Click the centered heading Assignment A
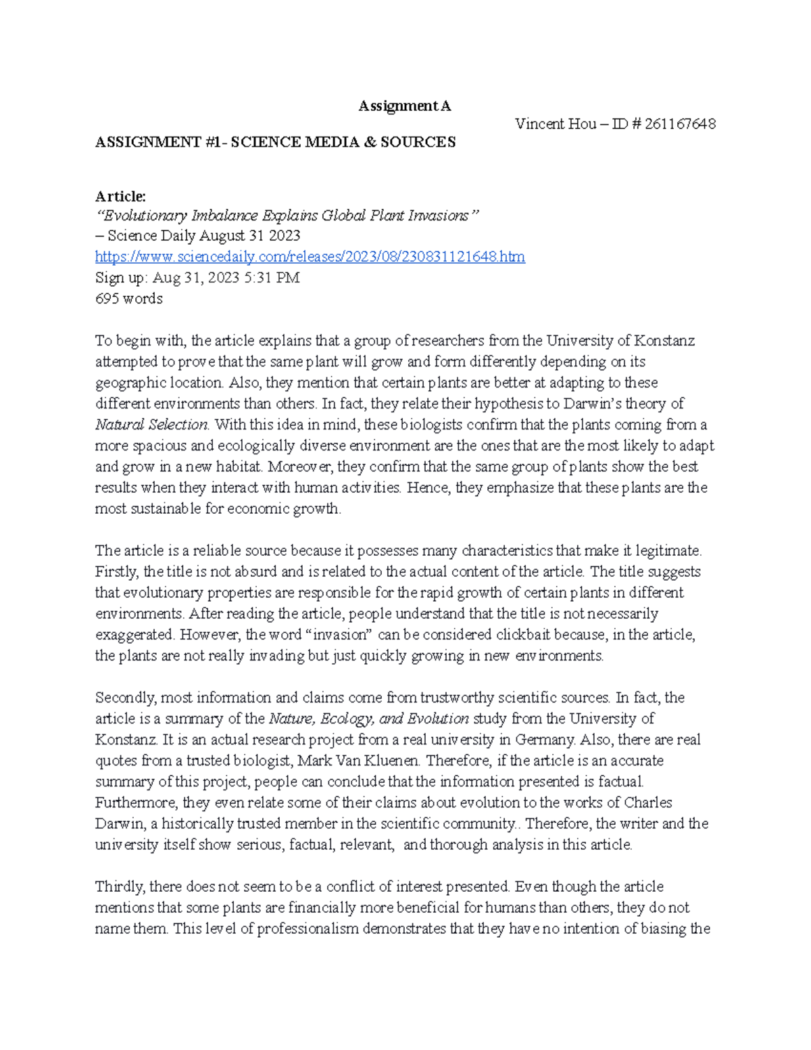tap(404, 105)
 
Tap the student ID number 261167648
tap(680, 124)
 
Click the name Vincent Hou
tap(555, 124)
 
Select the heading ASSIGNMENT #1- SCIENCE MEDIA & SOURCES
tap(275, 142)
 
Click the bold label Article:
tap(120, 196)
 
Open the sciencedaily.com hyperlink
tap(310, 257)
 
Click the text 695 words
tap(128, 299)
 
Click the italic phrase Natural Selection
tap(152, 425)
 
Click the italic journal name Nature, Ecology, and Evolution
tap(368, 719)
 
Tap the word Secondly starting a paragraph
tap(124, 698)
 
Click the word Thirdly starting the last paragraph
tap(119, 886)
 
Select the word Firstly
tap(117, 572)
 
